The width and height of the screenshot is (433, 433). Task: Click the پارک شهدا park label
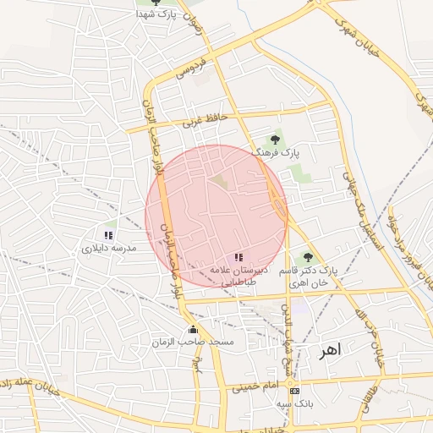159,15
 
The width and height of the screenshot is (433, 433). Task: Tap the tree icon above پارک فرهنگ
274,140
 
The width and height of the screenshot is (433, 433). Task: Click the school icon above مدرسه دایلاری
107,235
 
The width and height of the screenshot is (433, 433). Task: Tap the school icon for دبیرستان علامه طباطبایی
238,256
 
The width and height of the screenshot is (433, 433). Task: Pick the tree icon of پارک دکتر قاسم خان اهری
307,256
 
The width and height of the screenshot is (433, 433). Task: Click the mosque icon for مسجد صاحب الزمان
193,330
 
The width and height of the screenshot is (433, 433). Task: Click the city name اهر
328,351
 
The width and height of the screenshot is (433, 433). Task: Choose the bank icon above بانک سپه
293,391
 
